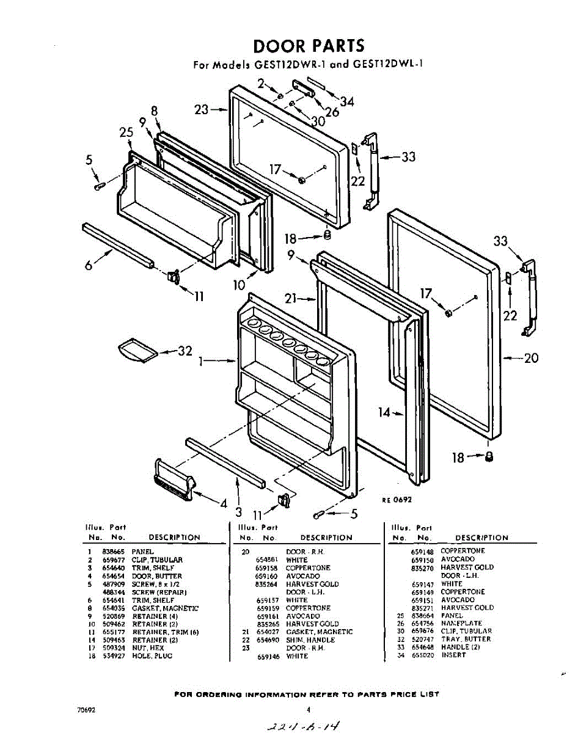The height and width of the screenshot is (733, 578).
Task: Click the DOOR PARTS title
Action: (309, 46)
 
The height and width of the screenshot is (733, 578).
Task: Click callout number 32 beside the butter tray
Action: (185, 351)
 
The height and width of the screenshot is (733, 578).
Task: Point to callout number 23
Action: (202, 110)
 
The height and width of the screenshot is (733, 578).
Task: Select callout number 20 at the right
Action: (532, 358)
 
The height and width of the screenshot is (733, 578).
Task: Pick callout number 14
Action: (384, 413)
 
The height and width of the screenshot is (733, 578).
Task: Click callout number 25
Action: (126, 132)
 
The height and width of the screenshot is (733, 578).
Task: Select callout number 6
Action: (89, 264)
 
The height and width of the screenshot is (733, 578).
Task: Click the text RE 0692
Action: (397, 500)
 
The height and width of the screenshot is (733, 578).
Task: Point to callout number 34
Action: (347, 102)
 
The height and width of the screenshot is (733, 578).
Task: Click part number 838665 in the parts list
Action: (113, 552)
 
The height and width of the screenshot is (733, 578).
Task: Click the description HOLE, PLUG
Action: (152, 656)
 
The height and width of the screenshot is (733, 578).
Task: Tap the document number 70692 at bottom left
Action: (86, 710)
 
